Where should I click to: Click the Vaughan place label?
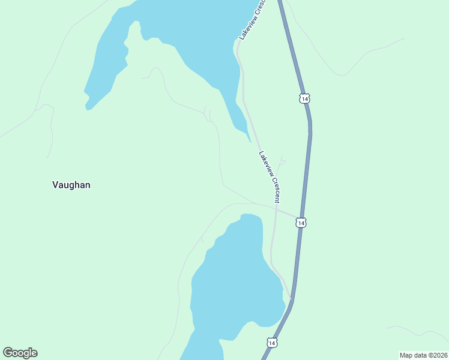click(x=71, y=185)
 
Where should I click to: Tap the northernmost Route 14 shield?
click(x=305, y=98)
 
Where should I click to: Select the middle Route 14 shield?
click(x=301, y=223)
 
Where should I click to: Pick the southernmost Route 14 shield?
click(x=272, y=343)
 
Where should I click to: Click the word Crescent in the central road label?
click(x=276, y=190)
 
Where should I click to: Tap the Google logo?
click(x=20, y=353)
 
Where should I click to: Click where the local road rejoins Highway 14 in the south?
click(x=291, y=298)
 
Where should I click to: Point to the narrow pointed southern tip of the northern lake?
click(x=249, y=140)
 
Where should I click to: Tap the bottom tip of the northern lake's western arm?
click(x=88, y=109)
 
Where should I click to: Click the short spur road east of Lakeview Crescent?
click(x=281, y=161)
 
